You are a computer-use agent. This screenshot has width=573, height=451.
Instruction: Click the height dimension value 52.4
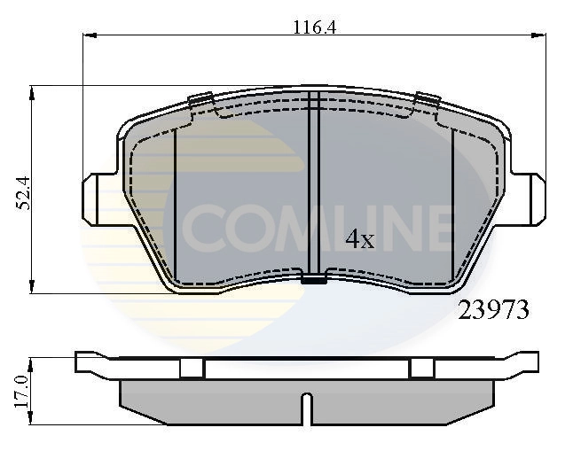pyautogui.click(x=24, y=193)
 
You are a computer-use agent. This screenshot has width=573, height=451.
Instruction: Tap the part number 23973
pyautogui.click(x=493, y=310)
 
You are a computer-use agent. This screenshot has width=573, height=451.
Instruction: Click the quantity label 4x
pyautogui.click(x=360, y=239)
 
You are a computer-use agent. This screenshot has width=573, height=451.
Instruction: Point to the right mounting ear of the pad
pyautogui.click(x=536, y=199)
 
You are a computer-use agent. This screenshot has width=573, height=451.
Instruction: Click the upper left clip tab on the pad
pyautogui.click(x=199, y=100)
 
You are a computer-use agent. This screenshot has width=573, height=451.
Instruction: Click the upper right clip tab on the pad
pyautogui.click(x=428, y=101)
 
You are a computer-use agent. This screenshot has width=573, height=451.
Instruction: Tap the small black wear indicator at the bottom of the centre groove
pyautogui.click(x=314, y=281)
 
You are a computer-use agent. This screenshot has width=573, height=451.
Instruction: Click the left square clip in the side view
pyautogui.click(x=192, y=369)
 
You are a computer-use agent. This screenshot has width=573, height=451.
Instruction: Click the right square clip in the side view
pyautogui.click(x=422, y=369)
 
